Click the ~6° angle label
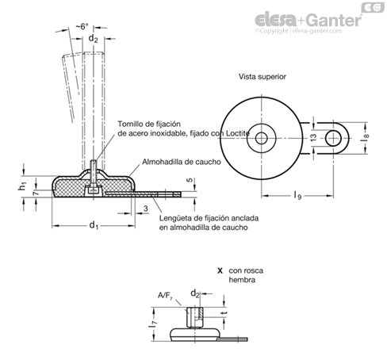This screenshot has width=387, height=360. click(82, 26)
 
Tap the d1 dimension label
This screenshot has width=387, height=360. click(94, 225)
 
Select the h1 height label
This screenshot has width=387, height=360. click(22, 186)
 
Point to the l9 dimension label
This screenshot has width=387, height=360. click(297, 196)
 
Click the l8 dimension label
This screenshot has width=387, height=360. click(365, 138)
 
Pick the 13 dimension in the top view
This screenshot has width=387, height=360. click(313, 137)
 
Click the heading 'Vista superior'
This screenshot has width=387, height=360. click(262, 77)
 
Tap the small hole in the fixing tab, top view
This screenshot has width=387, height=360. click(333, 138)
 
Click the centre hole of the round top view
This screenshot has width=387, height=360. click(261, 138)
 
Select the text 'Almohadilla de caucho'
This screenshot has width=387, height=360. click(182, 162)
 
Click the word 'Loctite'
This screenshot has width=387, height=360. click(238, 133)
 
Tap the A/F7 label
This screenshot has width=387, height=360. click(165, 295)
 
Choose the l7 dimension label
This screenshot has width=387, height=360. click(153, 323)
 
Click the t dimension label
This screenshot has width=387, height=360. click(224, 312)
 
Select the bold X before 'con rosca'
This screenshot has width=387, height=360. click(220, 270)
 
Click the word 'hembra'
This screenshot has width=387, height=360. click(242, 280)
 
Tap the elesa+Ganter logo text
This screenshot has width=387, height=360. click(308, 20)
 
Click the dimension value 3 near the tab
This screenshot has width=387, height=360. click(146, 209)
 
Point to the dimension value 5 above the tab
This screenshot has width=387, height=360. click(190, 180)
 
